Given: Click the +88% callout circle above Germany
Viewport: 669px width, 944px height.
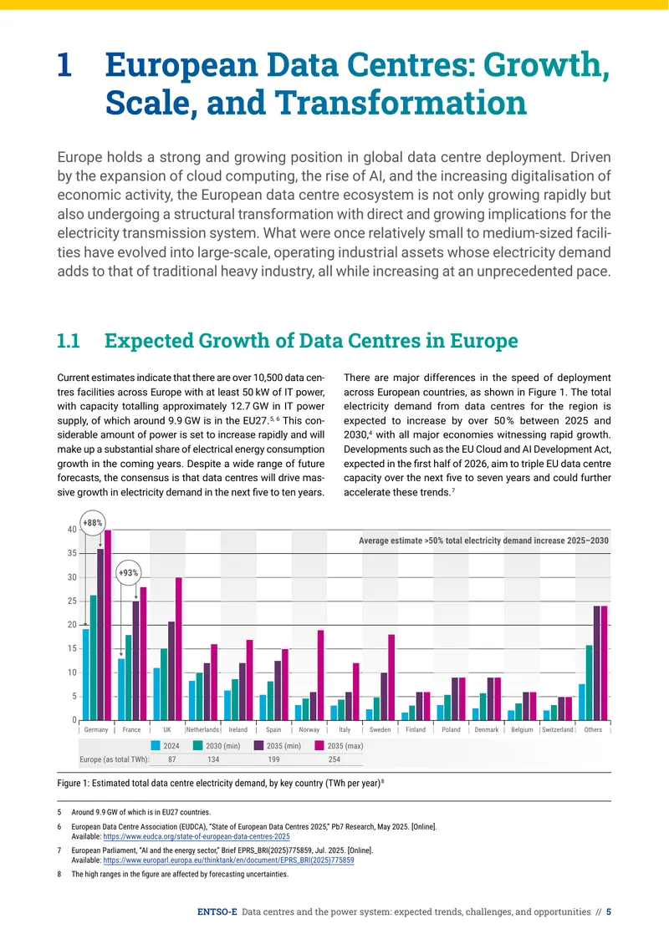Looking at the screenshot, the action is [x=93, y=523].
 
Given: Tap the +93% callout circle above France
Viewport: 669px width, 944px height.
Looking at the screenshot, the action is [x=129, y=572].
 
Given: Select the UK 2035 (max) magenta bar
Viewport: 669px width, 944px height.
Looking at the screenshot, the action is [x=178, y=649].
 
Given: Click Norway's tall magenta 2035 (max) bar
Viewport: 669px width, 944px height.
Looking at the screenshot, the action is [x=320, y=675].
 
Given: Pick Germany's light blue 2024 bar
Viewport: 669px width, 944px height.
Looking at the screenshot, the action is [x=85, y=675].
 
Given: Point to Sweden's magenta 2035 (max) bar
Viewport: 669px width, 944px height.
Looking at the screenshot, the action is [x=391, y=678].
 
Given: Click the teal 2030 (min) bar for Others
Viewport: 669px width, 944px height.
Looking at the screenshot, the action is [x=590, y=683].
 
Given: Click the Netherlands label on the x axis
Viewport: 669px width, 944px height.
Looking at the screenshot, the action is [x=202, y=729].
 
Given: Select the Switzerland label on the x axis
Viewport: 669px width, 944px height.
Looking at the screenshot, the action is [x=558, y=729].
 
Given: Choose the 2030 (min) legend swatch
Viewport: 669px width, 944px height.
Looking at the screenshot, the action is [x=197, y=746].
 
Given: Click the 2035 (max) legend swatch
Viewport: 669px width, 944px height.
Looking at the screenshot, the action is [x=319, y=746].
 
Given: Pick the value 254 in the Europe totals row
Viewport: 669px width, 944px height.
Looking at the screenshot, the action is [x=334, y=759].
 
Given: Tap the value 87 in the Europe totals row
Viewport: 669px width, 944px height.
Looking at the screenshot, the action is [x=172, y=759].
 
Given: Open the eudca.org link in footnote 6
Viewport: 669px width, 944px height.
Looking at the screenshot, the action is [x=197, y=837].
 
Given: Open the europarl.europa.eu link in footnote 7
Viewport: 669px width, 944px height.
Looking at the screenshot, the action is [x=228, y=861].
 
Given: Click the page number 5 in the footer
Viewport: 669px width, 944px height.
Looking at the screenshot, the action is [x=609, y=912].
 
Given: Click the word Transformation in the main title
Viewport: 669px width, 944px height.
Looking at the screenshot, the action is [x=401, y=103].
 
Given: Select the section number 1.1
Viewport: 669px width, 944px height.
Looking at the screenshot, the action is [x=69, y=341].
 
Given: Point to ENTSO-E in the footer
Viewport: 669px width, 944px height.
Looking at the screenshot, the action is [x=217, y=912].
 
